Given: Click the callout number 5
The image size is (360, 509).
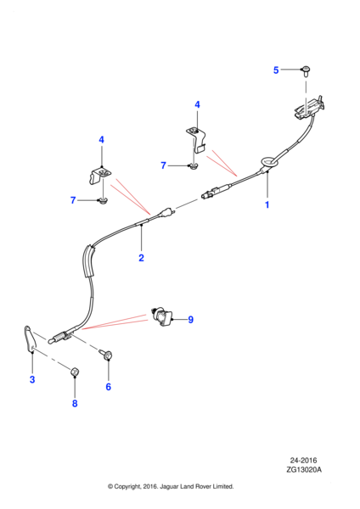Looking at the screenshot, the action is (276, 70).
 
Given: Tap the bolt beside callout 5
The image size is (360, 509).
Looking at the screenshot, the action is (306, 71).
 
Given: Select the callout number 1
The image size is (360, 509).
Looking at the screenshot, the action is (267, 204).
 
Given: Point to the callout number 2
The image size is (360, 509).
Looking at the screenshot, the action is (141, 258).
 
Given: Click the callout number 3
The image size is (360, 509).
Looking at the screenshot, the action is (32, 379).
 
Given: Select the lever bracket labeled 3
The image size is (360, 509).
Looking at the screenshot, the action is (31, 338).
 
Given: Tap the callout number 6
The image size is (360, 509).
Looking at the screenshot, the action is (108, 387).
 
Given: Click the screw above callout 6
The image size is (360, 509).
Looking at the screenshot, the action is (106, 354).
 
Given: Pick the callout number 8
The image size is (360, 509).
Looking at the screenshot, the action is (75, 404).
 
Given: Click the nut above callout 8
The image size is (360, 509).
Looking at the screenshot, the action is (75, 371).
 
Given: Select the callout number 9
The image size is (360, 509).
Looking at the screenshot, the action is (191, 320).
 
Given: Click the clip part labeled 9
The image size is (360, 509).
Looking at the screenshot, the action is (162, 316).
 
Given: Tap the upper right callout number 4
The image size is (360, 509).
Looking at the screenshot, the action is (197, 104).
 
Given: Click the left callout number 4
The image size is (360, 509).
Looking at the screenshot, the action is (101, 140).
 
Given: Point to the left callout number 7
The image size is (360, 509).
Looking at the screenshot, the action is (73, 200).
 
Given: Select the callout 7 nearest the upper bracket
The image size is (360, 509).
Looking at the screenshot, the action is (163, 165).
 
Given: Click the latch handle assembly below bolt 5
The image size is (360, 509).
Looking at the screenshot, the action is (309, 108).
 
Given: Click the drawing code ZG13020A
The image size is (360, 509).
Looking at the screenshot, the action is (304, 469).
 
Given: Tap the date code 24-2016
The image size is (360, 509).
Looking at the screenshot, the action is (303, 461).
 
